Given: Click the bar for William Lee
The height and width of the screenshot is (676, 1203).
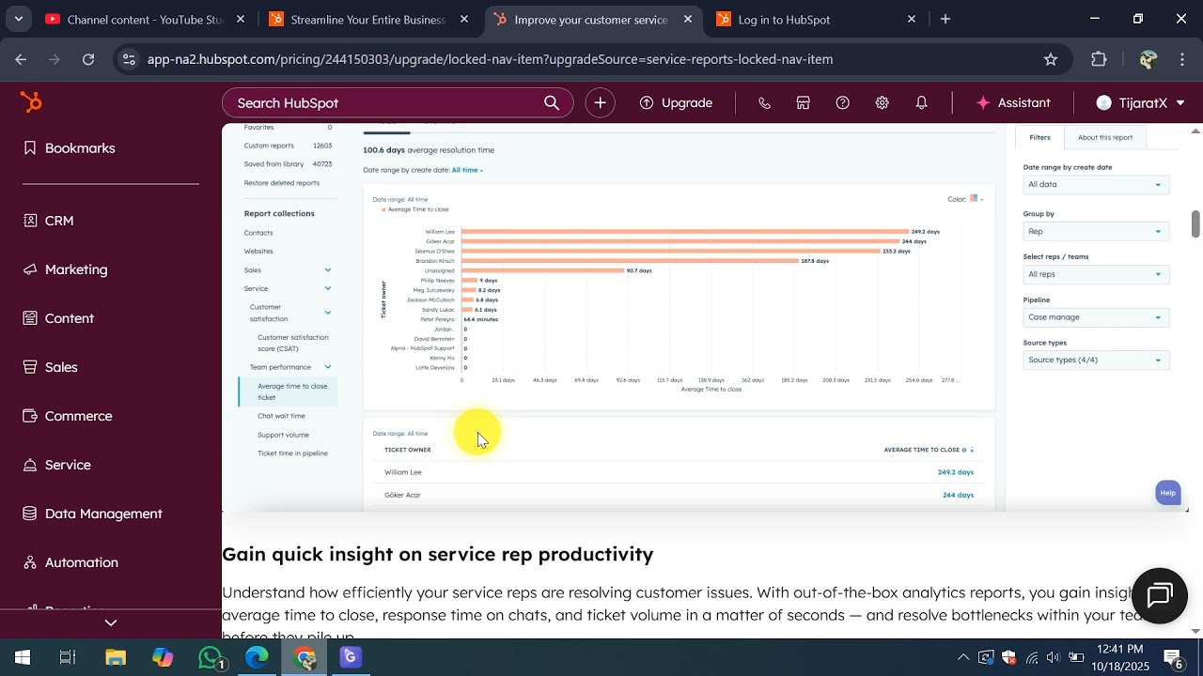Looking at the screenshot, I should [684, 232].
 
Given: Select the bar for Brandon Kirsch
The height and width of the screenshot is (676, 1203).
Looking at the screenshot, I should [630, 261].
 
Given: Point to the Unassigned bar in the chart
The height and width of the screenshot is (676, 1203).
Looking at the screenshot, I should [542, 270].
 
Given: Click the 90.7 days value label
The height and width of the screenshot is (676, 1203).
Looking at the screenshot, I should [639, 270].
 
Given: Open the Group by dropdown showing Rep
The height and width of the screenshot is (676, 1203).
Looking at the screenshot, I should [1095, 232].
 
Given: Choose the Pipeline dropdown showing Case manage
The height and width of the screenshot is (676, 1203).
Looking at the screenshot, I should [1095, 317].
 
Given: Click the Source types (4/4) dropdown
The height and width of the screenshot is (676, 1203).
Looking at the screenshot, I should [1095, 361].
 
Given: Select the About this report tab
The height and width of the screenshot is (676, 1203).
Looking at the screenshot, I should [1104, 137].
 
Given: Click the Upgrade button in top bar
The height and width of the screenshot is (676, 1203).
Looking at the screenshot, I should [676, 103].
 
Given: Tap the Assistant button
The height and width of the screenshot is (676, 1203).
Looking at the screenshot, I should [1013, 103].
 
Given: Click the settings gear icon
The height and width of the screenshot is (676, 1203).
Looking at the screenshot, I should [882, 103].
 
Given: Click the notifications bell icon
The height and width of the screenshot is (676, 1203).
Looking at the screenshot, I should [922, 103].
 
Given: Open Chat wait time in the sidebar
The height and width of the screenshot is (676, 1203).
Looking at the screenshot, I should [281, 416].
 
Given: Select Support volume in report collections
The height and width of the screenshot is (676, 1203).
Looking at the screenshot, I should [283, 435].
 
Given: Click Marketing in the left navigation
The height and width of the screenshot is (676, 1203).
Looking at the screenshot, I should [76, 269].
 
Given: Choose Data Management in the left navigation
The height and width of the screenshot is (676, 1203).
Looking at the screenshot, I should [103, 514].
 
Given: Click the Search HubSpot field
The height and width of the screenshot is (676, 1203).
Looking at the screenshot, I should [385, 103].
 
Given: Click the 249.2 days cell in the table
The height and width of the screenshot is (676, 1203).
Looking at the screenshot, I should [955, 472].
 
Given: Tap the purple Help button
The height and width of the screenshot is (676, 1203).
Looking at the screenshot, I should [1167, 493].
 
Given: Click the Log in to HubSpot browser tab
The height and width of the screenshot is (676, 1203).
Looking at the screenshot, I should [784, 20].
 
